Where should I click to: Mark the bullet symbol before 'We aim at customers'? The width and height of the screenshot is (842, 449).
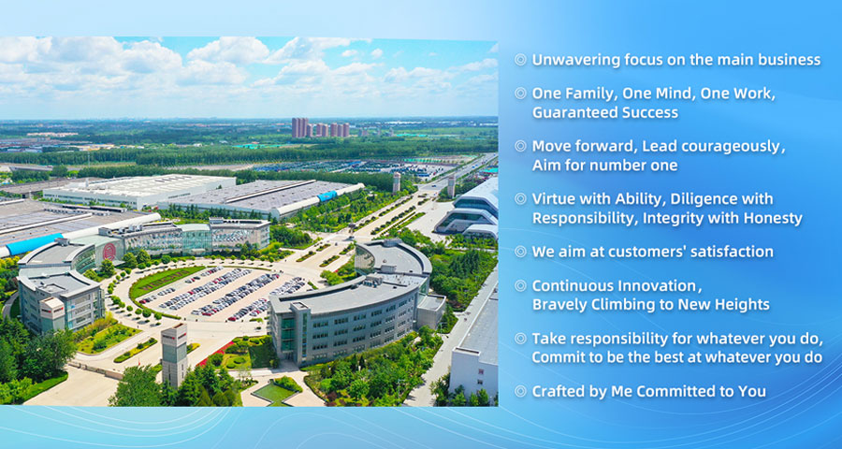(520, 252)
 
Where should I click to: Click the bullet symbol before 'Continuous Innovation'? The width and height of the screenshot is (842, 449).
(520, 285)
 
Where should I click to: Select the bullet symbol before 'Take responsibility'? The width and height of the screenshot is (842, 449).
(520, 339)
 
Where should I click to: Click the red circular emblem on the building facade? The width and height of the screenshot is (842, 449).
(109, 252)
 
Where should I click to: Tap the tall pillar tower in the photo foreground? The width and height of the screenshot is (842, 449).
(175, 355)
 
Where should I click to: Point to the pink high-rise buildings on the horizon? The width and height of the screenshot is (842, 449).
(321, 128)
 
